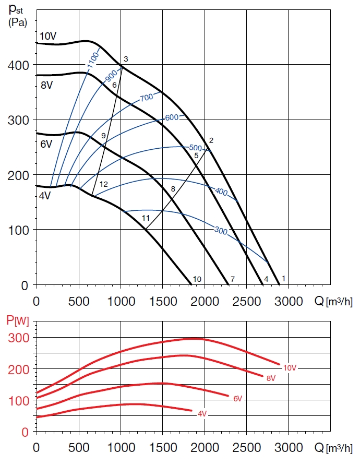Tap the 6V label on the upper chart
(46, 144)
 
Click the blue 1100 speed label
(93, 62)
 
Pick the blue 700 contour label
(146, 97)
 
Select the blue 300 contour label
(221, 230)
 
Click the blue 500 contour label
(195, 148)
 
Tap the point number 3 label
(126, 58)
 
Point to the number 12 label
(103, 184)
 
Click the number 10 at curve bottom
(197, 279)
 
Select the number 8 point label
(173, 188)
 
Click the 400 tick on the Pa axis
(19, 65)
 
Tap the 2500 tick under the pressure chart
(247, 301)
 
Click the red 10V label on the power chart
(290, 368)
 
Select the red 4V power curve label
(202, 413)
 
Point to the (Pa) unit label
(17, 22)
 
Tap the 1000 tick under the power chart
(121, 447)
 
